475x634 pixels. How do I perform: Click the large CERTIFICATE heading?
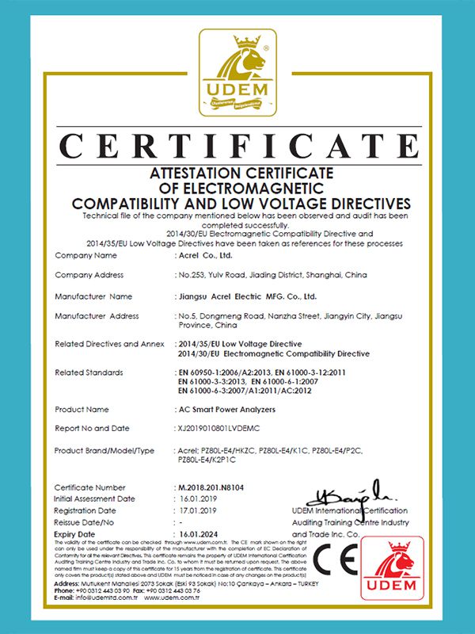click(x=237, y=147)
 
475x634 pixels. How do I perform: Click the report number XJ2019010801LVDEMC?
click(x=226, y=428)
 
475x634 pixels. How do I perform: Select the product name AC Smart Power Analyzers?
click(x=226, y=410)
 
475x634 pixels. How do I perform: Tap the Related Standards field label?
click(x=89, y=372)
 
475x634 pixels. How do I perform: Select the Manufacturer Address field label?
click(x=97, y=316)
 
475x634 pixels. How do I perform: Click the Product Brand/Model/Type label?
click(x=104, y=450)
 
